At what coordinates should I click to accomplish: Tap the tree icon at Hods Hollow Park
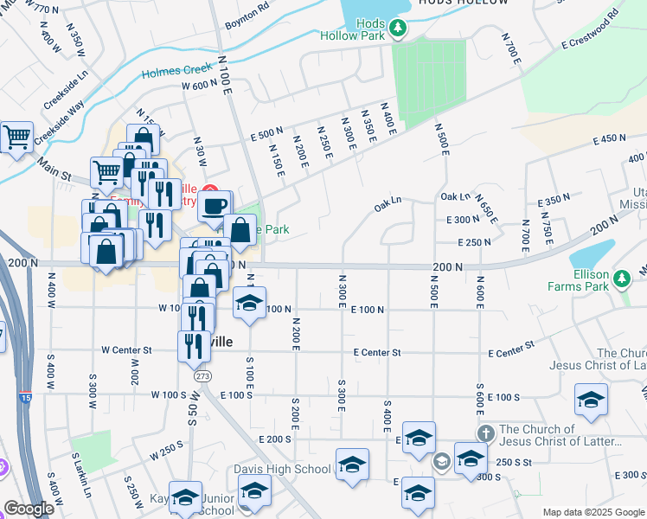[398, 29]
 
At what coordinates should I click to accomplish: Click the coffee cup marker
[215, 207]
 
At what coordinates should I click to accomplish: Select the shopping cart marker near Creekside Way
[16, 137]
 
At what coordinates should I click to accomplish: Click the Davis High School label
[282, 469]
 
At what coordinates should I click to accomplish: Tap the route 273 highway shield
[202, 376]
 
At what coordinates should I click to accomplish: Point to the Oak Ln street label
[388, 204]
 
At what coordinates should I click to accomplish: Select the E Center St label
[377, 352]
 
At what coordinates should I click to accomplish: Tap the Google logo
[29, 509]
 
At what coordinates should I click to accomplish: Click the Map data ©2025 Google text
[592, 512]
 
